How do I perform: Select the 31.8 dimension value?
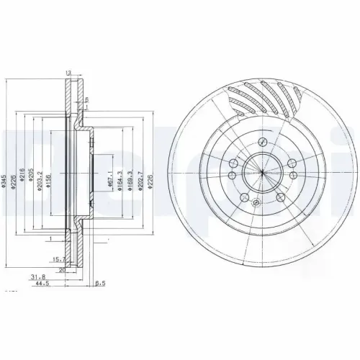(37, 275)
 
